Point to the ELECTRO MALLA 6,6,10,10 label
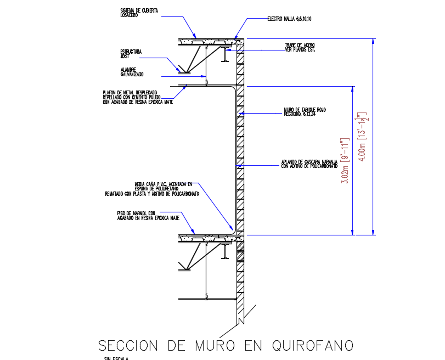[x=289, y=19]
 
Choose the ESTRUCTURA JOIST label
[x=131, y=54]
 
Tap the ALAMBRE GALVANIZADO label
[x=132, y=72]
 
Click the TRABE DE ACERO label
[x=300, y=47]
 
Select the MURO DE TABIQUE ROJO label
[x=305, y=111]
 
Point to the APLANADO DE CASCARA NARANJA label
[x=309, y=164]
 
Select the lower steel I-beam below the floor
[x=224, y=251]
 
